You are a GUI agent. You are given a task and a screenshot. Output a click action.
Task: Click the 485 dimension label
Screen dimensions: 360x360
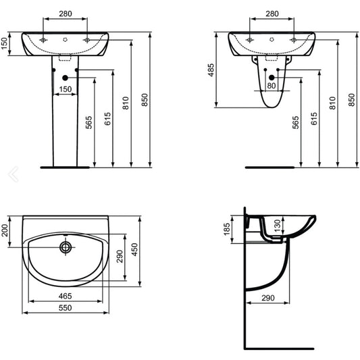[x=211, y=70]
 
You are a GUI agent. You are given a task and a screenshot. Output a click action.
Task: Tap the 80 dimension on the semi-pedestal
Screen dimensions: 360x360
[x=271, y=86]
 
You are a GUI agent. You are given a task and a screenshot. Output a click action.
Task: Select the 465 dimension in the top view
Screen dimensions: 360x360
[x=66, y=297]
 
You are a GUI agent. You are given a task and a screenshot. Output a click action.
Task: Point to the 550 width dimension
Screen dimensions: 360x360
[x=66, y=308]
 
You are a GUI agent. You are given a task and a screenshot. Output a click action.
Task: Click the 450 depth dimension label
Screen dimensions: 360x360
[x=134, y=249]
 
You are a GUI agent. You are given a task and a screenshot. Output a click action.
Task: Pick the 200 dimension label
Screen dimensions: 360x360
[x=4, y=230]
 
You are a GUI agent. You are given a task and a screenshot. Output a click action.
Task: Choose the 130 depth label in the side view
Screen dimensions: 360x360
[x=278, y=226]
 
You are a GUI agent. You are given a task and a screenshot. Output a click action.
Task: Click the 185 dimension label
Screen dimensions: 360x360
[x=227, y=229]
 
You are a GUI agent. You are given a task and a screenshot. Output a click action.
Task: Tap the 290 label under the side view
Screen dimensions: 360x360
[x=268, y=298]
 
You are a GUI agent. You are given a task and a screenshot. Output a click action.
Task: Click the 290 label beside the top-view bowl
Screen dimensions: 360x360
[x=120, y=257]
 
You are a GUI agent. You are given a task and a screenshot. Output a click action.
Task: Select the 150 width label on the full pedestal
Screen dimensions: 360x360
[x=66, y=89]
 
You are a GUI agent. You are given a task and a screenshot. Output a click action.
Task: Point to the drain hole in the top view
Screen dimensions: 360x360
[x=66, y=247]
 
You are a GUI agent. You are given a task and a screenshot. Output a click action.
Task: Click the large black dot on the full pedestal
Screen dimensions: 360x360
[x=66, y=78]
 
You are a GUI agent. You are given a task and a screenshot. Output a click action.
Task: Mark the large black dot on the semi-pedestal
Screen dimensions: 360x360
[x=272, y=78]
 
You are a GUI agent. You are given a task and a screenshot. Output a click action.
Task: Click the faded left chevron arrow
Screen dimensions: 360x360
[x=13, y=174]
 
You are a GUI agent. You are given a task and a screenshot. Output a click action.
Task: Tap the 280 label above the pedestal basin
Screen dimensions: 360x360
[x=66, y=14]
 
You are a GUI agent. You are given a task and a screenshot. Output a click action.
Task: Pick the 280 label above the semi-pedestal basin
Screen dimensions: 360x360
[x=272, y=14]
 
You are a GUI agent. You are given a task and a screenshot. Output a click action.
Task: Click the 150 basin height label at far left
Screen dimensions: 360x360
[x=4, y=44]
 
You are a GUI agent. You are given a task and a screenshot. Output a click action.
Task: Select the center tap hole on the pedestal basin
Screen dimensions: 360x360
[x=66, y=40]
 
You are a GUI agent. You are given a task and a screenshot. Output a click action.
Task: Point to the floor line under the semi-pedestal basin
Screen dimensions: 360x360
[x=269, y=168]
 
